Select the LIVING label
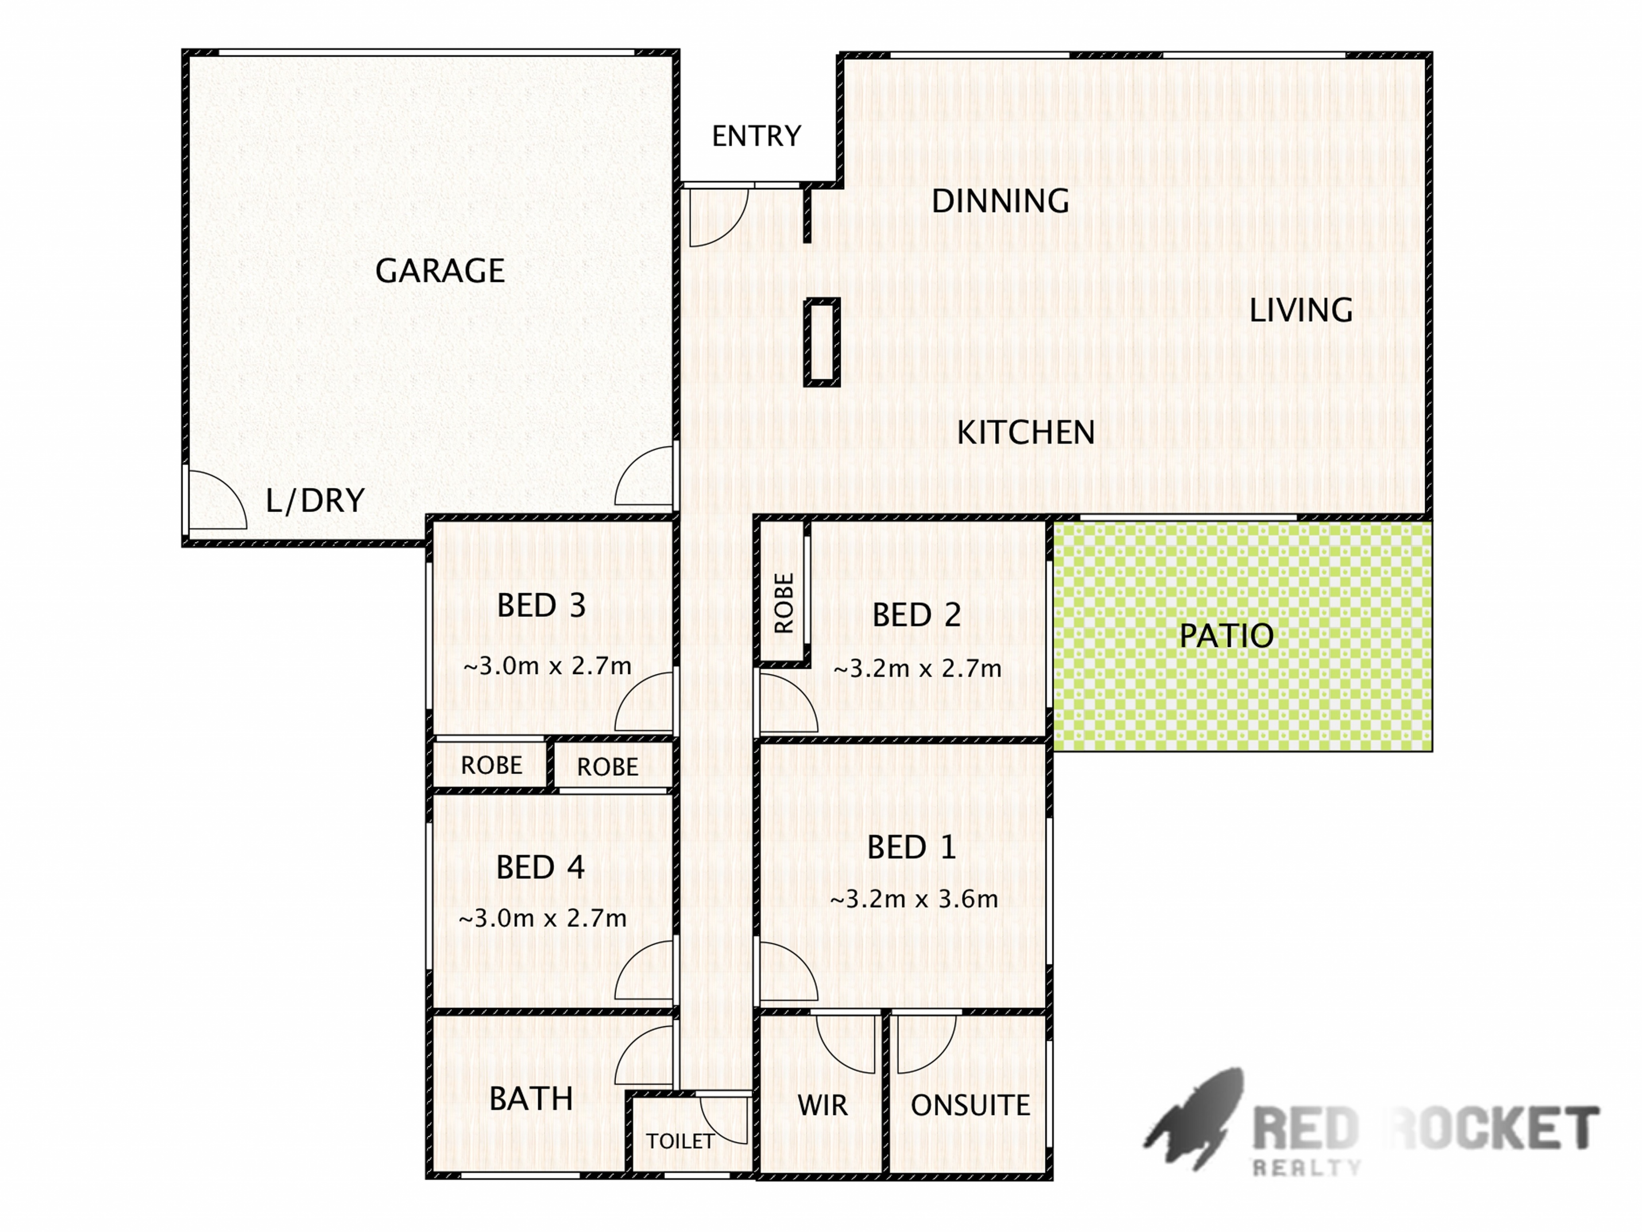point(1300,310)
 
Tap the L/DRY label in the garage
point(315,500)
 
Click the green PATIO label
point(1226,636)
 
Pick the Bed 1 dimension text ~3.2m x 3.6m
point(914,899)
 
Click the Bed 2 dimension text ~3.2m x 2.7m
point(918,669)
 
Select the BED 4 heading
point(540,867)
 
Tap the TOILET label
point(680,1141)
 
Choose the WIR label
point(823,1106)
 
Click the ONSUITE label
point(970,1106)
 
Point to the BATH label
point(531,1099)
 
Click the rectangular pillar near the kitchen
point(822,342)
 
